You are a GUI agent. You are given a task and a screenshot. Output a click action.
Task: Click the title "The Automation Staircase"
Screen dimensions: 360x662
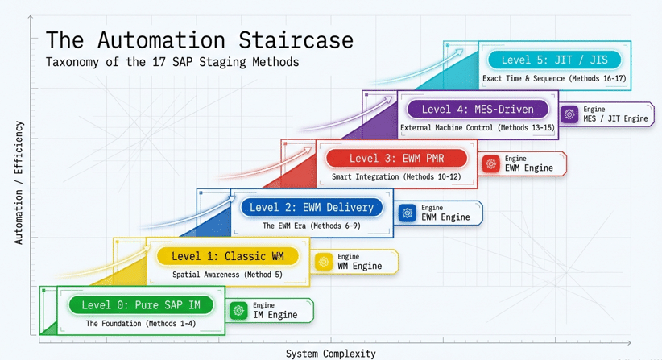199,40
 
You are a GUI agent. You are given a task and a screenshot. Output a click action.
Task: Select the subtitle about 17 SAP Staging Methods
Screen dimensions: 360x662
172,62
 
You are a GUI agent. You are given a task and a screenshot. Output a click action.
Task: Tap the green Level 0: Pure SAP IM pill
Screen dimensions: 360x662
141,305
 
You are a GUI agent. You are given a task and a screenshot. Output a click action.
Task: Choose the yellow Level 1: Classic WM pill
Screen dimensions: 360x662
228,256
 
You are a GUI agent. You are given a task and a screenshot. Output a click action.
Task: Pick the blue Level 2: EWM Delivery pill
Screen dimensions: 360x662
312,207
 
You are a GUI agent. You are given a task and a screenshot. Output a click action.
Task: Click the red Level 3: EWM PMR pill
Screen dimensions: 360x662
396,158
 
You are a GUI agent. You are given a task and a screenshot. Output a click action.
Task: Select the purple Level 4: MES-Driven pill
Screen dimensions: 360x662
478,109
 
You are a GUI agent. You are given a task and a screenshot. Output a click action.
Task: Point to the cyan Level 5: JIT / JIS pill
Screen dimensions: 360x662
554,60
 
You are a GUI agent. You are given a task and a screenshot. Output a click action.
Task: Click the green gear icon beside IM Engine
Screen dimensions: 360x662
238,310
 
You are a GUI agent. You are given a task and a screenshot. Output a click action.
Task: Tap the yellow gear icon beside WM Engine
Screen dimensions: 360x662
324,262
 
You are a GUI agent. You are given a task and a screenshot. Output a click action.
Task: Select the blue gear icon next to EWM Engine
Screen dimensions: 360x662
408,213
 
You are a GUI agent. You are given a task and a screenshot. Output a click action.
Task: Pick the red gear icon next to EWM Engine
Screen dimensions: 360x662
491,163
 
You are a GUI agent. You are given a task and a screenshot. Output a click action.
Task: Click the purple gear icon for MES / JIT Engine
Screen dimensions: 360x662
570,114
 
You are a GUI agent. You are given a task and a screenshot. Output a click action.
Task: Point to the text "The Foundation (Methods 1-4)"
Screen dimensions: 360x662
141,324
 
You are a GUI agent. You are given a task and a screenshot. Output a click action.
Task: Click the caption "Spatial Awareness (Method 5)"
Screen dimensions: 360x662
228,275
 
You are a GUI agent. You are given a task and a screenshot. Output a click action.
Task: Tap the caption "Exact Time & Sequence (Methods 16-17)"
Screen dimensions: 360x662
554,79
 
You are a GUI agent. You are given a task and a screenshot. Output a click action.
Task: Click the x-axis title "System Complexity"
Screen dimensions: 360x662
330,354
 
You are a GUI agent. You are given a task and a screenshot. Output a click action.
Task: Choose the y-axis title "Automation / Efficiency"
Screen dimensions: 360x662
19,183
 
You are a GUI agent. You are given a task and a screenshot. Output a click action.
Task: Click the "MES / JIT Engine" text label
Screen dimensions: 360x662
615,119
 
